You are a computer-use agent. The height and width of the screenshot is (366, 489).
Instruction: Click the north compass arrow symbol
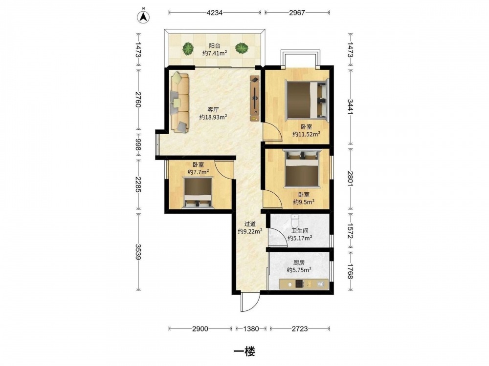pyautogui.click(x=143, y=16)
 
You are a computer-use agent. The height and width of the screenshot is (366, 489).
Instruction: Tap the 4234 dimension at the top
pyautogui.click(x=215, y=13)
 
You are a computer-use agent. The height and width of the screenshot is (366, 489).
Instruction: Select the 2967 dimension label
pyautogui.click(x=297, y=13)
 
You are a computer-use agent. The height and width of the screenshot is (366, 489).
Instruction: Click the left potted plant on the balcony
pyautogui.click(x=188, y=48)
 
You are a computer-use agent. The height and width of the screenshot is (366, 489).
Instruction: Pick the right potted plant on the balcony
pyautogui.click(x=242, y=48)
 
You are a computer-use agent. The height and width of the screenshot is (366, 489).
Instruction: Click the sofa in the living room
pyautogui.click(x=179, y=102)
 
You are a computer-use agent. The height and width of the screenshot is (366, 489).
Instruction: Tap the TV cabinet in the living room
pyautogui.click(x=255, y=99)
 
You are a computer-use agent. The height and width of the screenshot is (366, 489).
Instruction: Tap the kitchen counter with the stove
pyautogui.click(x=304, y=284)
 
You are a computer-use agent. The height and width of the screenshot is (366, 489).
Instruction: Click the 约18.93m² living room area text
pyautogui.click(x=213, y=117)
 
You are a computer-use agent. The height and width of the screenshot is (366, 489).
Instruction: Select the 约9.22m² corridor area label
pyautogui.click(x=250, y=231)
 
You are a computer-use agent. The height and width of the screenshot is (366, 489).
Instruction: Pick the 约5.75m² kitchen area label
pyautogui.click(x=299, y=270)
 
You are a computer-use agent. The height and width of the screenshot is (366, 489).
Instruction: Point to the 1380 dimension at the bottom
pyautogui.click(x=251, y=328)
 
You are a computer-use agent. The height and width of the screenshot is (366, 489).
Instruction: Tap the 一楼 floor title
pyautogui.click(x=244, y=352)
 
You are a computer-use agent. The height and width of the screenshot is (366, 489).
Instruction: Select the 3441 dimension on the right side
pyautogui.click(x=350, y=107)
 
